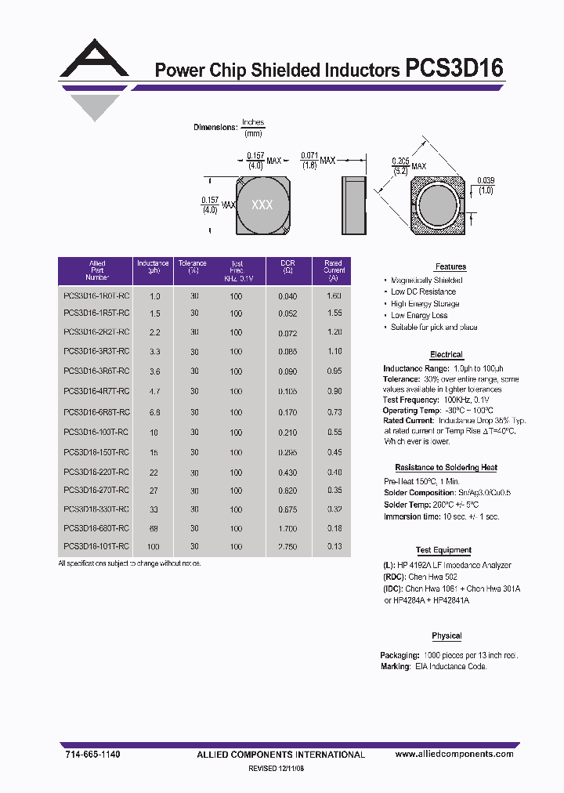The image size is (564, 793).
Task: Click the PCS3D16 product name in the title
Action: [454, 68]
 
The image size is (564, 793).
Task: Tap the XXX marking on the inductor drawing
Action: [262, 205]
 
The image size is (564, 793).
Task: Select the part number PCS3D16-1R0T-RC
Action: [96, 296]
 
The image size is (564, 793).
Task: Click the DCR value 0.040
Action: [287, 296]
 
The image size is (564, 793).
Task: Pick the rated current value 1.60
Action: [334, 296]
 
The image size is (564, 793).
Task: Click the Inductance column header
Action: [153, 267]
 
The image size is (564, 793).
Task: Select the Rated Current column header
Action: [334, 270]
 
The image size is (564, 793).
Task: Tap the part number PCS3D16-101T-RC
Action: [96, 547]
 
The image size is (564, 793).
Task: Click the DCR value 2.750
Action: [287, 547]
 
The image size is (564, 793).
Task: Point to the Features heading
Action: [450, 267]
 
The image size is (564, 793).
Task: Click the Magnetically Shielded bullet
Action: [427, 280]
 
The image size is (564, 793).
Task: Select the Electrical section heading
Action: [446, 355]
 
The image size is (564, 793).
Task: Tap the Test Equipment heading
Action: [443, 551]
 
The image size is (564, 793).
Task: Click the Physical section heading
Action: [446, 635]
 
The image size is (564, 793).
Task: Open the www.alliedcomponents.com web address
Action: [454, 754]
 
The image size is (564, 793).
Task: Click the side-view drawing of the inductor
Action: [354, 205]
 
